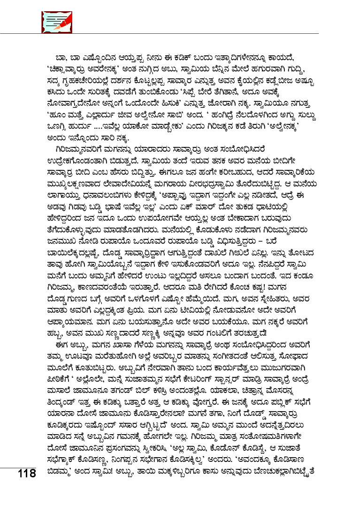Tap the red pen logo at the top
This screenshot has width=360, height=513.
pos(50,22)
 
